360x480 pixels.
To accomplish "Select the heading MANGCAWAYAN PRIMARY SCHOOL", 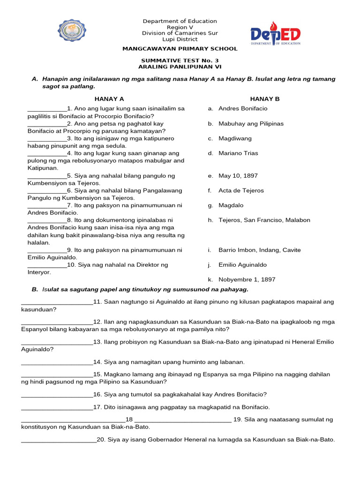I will [x=180, y=49].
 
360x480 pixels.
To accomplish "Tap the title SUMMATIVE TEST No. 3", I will [x=180, y=60].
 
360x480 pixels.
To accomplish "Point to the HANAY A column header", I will [x=109, y=99].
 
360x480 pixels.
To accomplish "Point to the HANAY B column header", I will [x=264, y=99].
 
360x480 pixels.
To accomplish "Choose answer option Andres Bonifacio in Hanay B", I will [x=243, y=108].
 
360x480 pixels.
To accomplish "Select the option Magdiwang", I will [x=235, y=138].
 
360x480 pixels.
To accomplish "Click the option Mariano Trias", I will [x=238, y=153].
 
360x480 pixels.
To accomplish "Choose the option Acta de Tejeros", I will [x=241, y=191].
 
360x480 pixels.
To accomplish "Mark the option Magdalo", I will [x=231, y=205].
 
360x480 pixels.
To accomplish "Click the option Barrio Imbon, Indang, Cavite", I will [x=259, y=250].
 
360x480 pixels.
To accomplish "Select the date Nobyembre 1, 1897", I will [x=247, y=279].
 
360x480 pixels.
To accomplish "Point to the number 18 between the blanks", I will [x=130, y=420].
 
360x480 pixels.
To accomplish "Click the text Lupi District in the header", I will [x=180, y=39].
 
